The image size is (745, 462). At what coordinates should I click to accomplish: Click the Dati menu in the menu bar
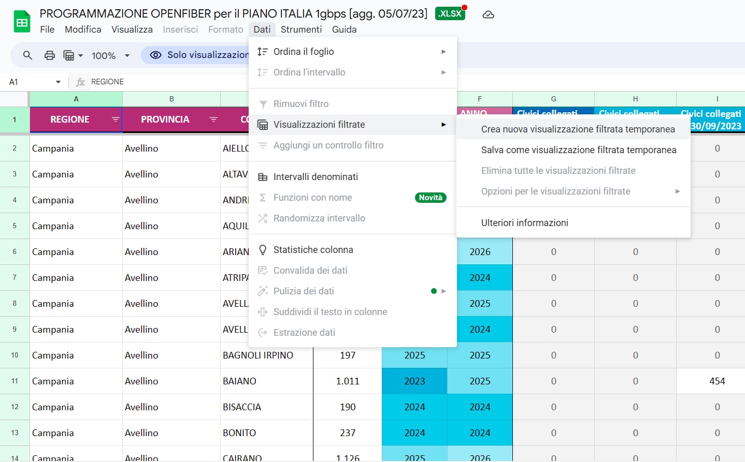pos(262,29)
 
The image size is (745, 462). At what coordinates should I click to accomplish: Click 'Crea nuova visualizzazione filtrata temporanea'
pos(578,129)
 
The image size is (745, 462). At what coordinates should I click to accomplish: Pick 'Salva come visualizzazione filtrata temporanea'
pos(578,150)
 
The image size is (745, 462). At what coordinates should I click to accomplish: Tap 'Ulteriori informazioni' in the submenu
pos(524,223)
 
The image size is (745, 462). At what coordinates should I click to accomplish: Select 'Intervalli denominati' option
pos(316,177)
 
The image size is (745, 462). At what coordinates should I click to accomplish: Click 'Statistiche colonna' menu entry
pos(313,250)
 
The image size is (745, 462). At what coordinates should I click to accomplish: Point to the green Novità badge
pos(431,198)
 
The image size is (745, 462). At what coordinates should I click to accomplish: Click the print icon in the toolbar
pos(50,55)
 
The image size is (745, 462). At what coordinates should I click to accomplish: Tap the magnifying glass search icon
pos(27,55)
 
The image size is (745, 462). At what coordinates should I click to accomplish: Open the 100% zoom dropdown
pos(110,55)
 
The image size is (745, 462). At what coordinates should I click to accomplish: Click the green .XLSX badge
pos(450,13)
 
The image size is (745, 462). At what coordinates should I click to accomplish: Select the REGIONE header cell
pos(70,120)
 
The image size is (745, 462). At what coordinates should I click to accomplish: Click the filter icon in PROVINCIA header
pos(213,120)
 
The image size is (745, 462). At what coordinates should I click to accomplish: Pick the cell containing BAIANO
pos(239,381)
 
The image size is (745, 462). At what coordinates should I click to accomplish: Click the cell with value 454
pos(717,381)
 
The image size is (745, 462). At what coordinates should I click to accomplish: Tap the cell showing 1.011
pos(348,381)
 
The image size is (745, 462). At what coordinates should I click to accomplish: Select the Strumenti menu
pos(301,29)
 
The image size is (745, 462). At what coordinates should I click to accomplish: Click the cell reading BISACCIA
pos(242,407)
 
